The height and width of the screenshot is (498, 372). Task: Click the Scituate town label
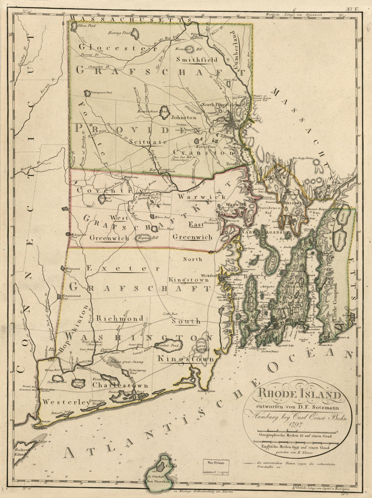148,142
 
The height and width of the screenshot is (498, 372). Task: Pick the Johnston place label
183,118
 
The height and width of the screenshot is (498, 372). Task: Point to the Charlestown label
120,385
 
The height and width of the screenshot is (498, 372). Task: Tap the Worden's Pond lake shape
168,346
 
